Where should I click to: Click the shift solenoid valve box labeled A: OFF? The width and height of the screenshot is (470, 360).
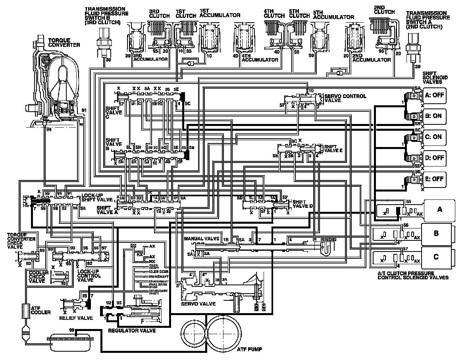[x=434, y=95]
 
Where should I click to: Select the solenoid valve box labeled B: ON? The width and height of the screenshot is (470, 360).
[x=434, y=116]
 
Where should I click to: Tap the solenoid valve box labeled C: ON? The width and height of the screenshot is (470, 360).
[x=434, y=137]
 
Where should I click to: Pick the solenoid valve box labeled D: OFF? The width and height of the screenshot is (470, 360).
[x=434, y=158]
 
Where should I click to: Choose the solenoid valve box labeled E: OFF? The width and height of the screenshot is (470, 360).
[x=434, y=179]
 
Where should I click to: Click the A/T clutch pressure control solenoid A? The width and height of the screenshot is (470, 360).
[x=439, y=209]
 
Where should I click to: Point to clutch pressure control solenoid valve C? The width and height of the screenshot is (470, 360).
[x=436, y=257]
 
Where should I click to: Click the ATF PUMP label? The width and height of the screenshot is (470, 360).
[x=249, y=350]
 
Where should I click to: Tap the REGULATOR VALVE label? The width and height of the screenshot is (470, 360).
[x=132, y=331]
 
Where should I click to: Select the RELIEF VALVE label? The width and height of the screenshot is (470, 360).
[x=76, y=318]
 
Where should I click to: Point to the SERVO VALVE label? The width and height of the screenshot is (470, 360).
[x=198, y=304]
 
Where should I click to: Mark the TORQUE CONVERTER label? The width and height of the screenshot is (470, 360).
[x=64, y=43]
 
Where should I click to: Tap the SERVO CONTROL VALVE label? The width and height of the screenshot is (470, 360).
[x=345, y=99]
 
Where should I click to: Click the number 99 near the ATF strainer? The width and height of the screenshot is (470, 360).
[x=72, y=330]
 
